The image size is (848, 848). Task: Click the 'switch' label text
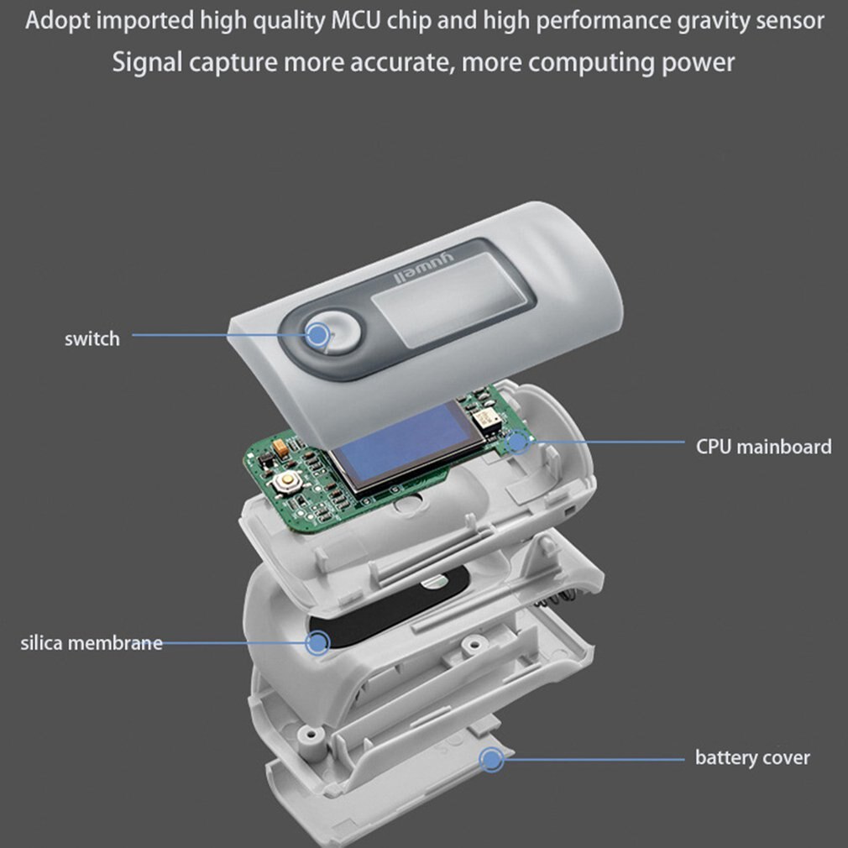tap(92, 339)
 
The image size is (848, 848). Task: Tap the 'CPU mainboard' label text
tap(763, 447)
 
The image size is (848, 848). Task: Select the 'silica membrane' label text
tap(92, 644)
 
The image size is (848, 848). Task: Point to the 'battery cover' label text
tap(752, 758)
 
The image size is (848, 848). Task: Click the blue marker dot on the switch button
tap(317, 336)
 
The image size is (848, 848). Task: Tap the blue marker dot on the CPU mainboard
tap(520, 441)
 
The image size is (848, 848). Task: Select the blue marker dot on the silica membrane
tap(317, 644)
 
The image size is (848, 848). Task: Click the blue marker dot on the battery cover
tap(491, 761)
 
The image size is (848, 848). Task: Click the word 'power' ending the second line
tap(697, 62)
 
